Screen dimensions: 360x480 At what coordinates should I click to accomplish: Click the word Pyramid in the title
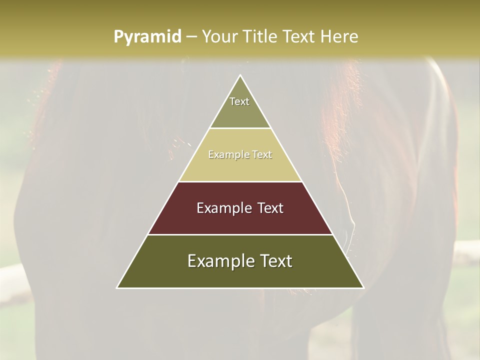[147, 37]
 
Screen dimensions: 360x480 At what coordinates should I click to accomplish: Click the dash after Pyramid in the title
[191, 37]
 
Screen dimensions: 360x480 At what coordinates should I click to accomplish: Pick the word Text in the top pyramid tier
[239, 101]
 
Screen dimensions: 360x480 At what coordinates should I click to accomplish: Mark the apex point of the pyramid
[240, 75]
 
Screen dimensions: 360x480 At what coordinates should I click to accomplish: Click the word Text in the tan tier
[262, 155]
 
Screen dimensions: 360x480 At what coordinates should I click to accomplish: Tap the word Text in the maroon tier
[270, 208]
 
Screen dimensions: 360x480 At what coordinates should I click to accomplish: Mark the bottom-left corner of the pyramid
[117, 287]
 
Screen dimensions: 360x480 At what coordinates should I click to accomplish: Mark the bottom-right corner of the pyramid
[363, 287]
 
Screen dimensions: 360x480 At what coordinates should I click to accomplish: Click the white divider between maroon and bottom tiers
[240, 234]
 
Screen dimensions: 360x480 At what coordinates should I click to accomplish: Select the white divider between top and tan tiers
[240, 128]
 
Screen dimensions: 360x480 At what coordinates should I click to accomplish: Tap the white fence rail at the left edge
[10, 275]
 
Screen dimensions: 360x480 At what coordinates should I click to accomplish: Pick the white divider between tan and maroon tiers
[240, 181]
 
